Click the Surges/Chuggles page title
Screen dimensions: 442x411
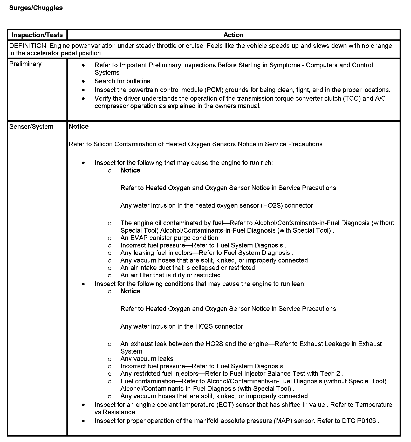pos(36,8)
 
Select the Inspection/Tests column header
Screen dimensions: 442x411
pos(37,35)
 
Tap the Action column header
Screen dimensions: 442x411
pos(233,35)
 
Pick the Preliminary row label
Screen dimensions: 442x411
pos(25,64)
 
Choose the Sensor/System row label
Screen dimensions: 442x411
pos(31,127)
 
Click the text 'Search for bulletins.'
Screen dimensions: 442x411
pos(123,81)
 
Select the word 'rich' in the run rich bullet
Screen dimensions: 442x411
pos(266,163)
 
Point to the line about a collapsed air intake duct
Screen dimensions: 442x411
pos(187,268)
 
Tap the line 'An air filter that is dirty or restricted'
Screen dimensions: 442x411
pos(170,275)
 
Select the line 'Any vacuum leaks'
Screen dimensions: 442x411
pos(147,359)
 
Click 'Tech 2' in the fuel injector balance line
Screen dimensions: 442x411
pos(331,374)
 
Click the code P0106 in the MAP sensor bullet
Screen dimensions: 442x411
pos(366,421)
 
